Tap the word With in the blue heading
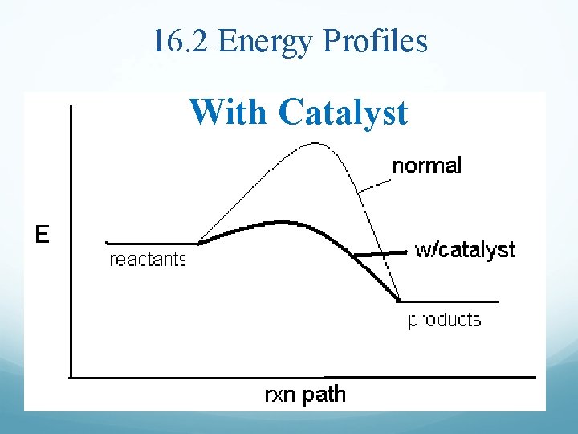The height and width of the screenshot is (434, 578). click(x=230, y=112)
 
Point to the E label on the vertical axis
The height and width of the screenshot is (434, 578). click(x=42, y=235)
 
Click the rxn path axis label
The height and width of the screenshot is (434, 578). click(x=305, y=395)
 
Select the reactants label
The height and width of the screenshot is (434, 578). click(x=147, y=260)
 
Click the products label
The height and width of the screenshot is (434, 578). click(x=445, y=320)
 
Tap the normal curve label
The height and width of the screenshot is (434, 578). click(x=426, y=166)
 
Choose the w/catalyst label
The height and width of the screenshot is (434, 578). click(x=465, y=250)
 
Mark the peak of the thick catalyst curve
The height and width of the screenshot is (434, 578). click(x=278, y=221)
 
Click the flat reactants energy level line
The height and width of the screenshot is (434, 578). click(x=153, y=242)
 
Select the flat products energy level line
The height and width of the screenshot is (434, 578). click(x=450, y=301)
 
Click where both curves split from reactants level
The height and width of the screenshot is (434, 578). click(x=199, y=241)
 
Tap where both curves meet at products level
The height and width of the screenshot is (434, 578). click(x=399, y=301)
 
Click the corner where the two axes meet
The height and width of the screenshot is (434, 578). click(x=71, y=375)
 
